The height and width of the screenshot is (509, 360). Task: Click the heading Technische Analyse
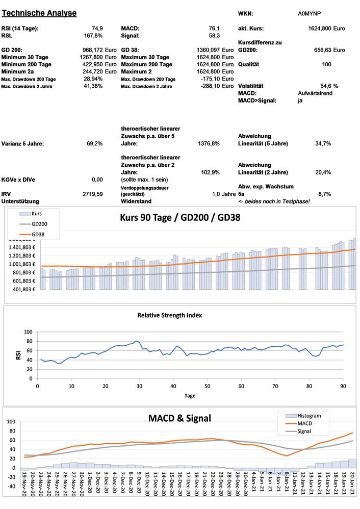[x=39, y=13]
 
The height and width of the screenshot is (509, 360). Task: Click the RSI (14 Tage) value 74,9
[x=96, y=28]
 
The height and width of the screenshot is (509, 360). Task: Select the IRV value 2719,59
[x=92, y=194]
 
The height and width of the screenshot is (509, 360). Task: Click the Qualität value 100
[x=326, y=64]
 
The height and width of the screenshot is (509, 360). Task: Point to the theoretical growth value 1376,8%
[x=209, y=144]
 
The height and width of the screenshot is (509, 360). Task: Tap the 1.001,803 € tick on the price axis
[x=19, y=264]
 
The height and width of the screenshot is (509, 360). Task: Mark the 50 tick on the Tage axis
[x=207, y=386]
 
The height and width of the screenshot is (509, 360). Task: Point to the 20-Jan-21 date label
[x=352, y=487]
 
